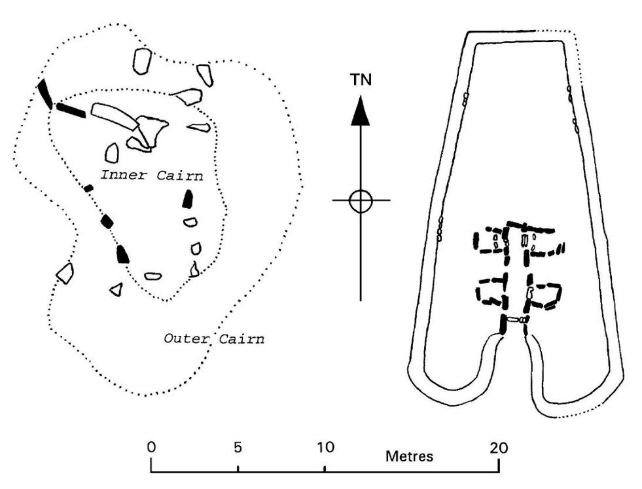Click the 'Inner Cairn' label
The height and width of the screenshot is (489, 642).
pyautogui.click(x=151, y=175)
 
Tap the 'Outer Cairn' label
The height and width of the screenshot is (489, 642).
pyautogui.click(x=213, y=338)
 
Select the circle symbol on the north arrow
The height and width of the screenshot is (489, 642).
pyautogui.click(x=361, y=200)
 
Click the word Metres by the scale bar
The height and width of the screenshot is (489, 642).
pyautogui.click(x=409, y=456)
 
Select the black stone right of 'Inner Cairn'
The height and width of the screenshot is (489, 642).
pyautogui.click(x=189, y=199)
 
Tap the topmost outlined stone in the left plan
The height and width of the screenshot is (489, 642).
pyautogui.click(x=141, y=61)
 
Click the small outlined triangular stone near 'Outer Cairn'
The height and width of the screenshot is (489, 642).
pyautogui.click(x=116, y=289)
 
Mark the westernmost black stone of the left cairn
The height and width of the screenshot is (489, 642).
pyautogui.click(x=45, y=94)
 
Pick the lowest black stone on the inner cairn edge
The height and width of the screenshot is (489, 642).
pyautogui.click(x=122, y=253)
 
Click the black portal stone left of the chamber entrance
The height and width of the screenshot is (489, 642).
pyautogui.click(x=503, y=324)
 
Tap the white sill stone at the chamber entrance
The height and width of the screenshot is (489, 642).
pyautogui.click(x=516, y=320)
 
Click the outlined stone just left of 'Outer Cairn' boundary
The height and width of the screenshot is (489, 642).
pyautogui.click(x=64, y=272)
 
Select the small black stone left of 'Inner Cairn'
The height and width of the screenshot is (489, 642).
pyautogui.click(x=88, y=189)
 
